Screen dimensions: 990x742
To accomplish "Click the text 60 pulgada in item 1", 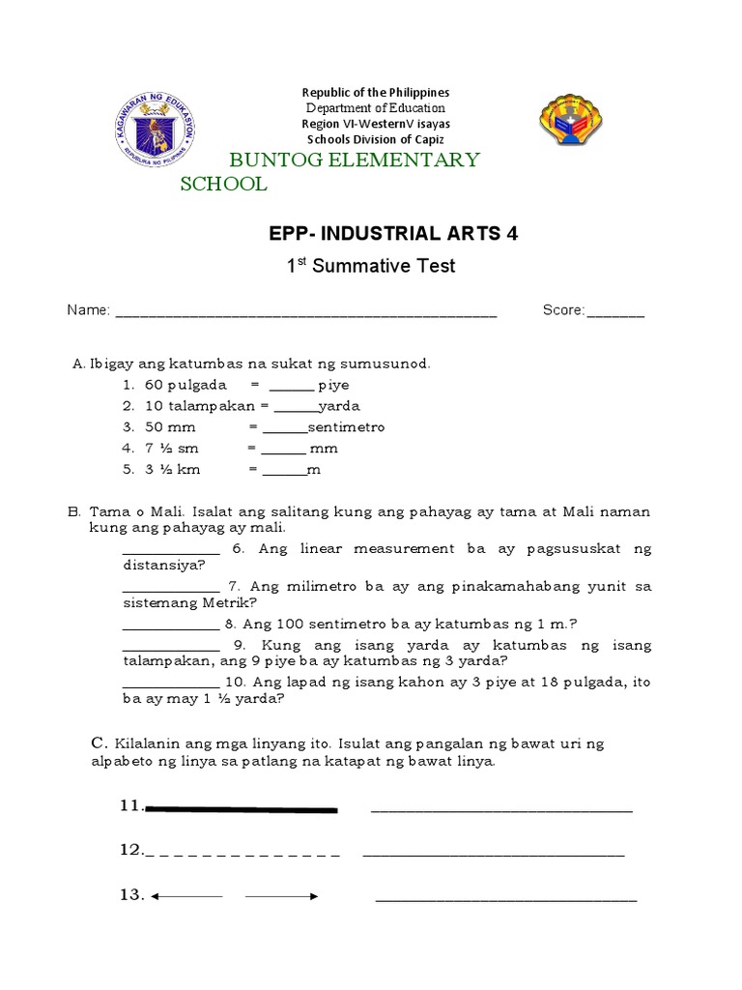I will click(185, 385).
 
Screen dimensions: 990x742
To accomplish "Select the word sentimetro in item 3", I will click(346, 427).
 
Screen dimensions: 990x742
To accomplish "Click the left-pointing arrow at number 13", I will click(186, 897).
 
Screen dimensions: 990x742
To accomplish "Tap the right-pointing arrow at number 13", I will click(282, 897).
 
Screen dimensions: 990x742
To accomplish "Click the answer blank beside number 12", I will click(493, 855).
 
